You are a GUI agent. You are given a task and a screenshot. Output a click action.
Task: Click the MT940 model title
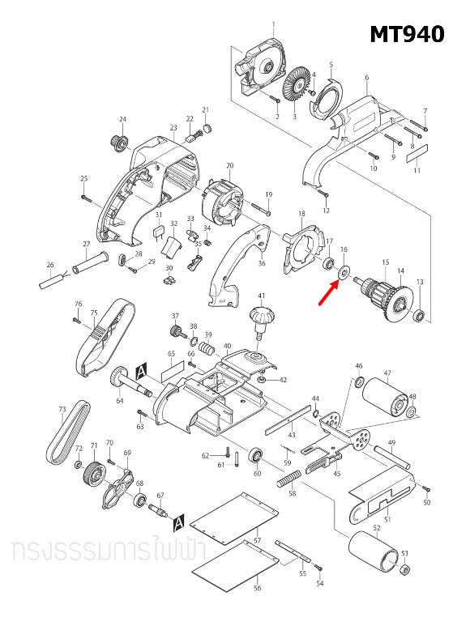coord(407,34)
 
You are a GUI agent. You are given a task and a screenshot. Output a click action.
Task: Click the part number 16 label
coord(344,250)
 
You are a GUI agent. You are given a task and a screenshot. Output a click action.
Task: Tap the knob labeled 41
coord(262,319)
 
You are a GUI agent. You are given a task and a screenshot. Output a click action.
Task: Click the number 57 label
coord(257,540)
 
